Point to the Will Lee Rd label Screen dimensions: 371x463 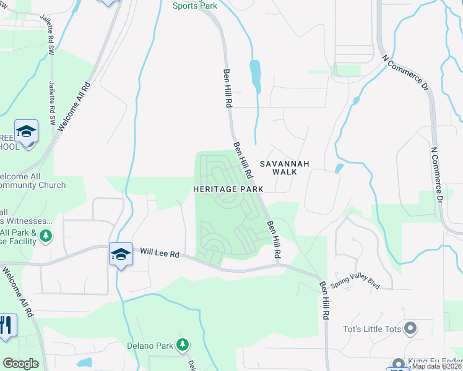[159, 252]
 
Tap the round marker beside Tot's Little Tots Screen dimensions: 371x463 [409, 328]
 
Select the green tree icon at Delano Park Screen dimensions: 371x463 [182, 344]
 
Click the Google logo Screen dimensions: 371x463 [21, 364]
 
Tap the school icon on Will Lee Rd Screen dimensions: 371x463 [121, 254]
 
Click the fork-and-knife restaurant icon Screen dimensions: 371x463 [6, 325]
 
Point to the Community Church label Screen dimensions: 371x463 [33, 185]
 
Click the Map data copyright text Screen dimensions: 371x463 [437, 366]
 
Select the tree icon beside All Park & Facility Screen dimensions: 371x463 [45, 236]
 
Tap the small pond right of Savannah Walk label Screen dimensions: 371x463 [338, 168]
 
